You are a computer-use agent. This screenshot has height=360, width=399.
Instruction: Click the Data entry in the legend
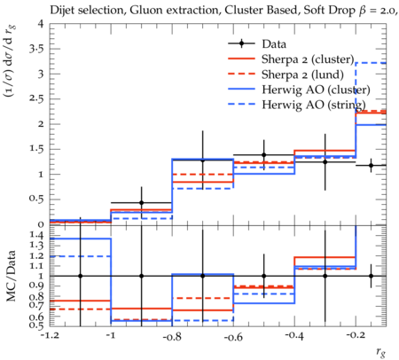point(274,44)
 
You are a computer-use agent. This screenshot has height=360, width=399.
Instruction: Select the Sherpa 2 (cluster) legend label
point(308,59)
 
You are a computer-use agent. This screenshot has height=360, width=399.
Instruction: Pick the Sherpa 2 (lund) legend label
point(302,74)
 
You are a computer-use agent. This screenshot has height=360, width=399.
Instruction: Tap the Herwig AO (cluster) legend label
point(316,90)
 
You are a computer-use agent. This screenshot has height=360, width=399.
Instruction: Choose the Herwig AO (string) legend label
point(314,105)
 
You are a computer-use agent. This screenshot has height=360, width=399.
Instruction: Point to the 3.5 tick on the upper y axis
point(36,49)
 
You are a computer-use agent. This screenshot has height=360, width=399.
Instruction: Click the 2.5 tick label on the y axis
point(36,98)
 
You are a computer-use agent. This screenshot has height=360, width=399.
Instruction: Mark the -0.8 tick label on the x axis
point(172,336)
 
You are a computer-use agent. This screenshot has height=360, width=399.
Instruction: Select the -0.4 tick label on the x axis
point(294,336)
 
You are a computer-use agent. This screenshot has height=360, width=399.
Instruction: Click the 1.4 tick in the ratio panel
point(36,236)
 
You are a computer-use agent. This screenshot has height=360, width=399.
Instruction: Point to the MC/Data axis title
point(11,276)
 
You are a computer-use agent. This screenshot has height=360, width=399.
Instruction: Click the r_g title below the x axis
point(380,352)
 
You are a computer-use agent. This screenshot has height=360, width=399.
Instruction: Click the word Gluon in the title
point(141,11)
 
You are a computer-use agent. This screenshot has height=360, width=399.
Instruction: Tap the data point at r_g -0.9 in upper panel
point(142,203)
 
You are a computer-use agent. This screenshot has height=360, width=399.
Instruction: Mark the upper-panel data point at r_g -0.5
point(264,155)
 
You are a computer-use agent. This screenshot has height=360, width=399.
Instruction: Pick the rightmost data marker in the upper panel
point(371,166)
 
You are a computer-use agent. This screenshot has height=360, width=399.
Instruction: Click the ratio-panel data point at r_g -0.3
point(325,276)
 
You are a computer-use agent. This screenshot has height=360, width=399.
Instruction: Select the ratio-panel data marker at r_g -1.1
point(81,276)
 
